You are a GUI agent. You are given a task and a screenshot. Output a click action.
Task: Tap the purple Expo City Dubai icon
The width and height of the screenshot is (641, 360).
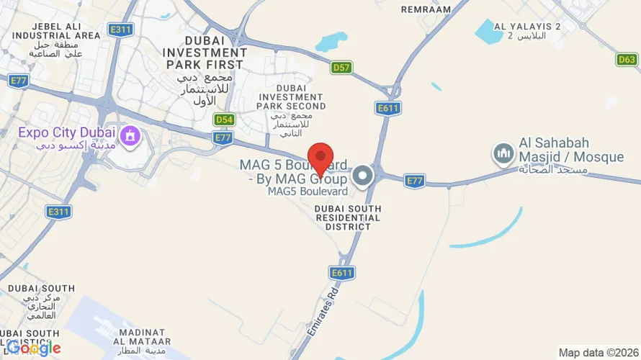point(130,134)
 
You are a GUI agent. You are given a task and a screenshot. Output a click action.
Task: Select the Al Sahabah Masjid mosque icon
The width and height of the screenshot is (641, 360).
point(502,153)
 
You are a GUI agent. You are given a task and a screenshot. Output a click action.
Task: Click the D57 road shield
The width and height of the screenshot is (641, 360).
point(341,68)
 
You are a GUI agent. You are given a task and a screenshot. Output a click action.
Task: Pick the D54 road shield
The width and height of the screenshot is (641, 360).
point(225,120)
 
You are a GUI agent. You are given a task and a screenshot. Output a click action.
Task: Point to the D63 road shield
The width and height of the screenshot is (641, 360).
point(627,60)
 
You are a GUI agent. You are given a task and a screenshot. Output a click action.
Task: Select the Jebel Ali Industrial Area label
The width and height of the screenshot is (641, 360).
point(56,39)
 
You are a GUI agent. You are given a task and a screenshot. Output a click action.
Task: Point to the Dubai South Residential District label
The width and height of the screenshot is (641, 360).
point(347,217)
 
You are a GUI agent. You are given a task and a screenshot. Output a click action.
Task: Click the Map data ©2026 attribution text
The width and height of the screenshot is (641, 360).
point(599,353)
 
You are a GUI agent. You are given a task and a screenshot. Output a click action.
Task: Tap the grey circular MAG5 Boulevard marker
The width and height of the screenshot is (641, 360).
point(362,175)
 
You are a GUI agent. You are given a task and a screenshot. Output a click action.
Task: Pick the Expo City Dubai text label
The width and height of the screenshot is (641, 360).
point(66,132)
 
